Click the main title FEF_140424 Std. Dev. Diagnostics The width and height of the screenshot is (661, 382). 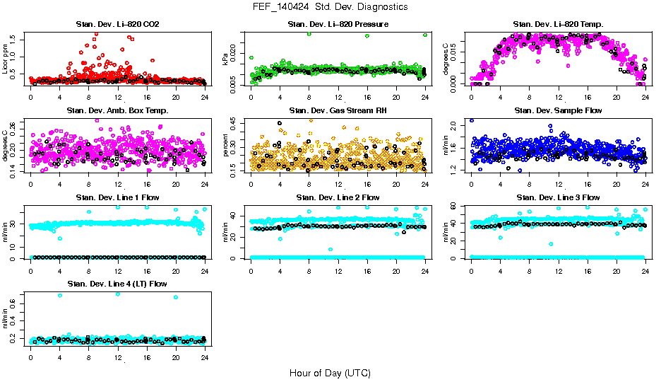coord(330,6)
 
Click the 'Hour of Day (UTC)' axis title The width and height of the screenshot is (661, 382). coord(330,372)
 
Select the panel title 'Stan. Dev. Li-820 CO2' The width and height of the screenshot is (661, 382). coord(117,25)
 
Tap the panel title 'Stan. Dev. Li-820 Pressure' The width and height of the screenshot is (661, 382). coord(338,25)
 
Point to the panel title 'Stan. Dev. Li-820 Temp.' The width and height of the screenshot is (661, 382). coord(558,25)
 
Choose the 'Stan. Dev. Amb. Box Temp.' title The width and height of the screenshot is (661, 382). coord(117,111)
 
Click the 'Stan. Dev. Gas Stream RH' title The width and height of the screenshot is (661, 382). coord(338,111)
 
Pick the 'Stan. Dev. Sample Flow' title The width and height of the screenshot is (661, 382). coord(558,111)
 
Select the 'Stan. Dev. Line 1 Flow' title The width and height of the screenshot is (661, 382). coord(117,197)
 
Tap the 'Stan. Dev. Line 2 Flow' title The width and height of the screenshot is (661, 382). coord(338,197)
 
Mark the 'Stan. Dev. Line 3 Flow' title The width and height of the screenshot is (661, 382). coord(558,197)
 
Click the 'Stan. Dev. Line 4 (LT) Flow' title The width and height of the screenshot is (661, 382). coord(117,284)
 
